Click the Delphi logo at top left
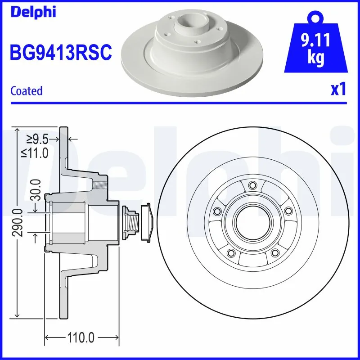click(x=33, y=11)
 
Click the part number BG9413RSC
click(x=60, y=53)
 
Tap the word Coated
click(x=27, y=91)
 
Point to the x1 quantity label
click(x=338, y=90)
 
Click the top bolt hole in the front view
click(x=252, y=185)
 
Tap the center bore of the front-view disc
click(x=252, y=222)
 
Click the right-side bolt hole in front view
click(x=287, y=210)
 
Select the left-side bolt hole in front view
click(x=217, y=211)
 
